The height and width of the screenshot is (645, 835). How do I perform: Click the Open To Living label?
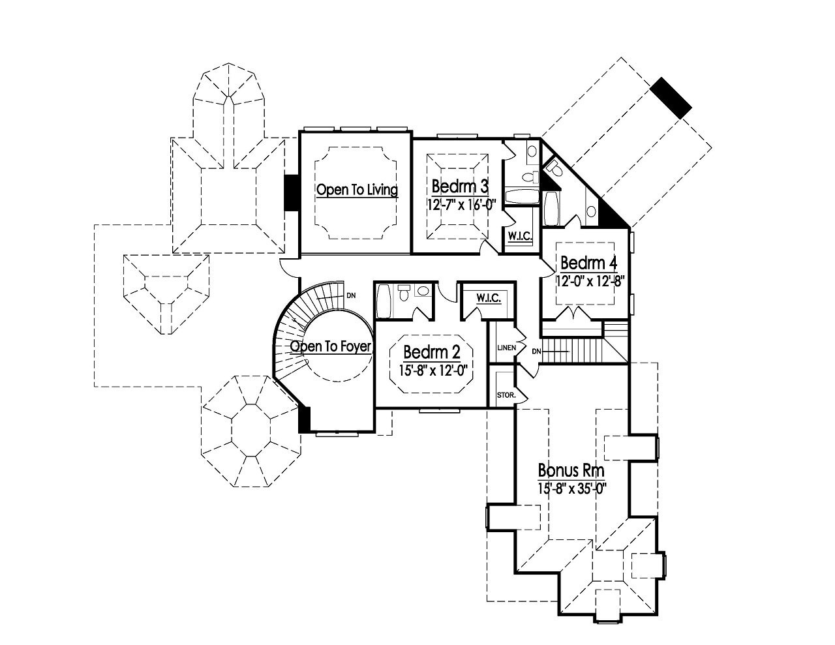click(x=357, y=190)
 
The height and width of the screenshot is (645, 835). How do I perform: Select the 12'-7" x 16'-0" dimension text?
click(x=463, y=203)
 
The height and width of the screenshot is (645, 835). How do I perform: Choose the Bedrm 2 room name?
click(x=432, y=352)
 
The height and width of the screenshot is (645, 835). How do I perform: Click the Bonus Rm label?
click(x=571, y=470)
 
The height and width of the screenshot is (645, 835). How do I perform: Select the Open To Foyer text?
click(x=331, y=346)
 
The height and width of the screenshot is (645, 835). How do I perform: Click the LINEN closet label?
click(x=507, y=348)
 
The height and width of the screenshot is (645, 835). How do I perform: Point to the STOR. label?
click(x=506, y=395)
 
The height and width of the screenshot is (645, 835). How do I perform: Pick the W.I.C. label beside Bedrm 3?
click(x=519, y=237)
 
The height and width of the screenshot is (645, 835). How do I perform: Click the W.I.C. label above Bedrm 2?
click(x=488, y=298)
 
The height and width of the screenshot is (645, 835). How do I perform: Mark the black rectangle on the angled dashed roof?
click(x=672, y=98)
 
